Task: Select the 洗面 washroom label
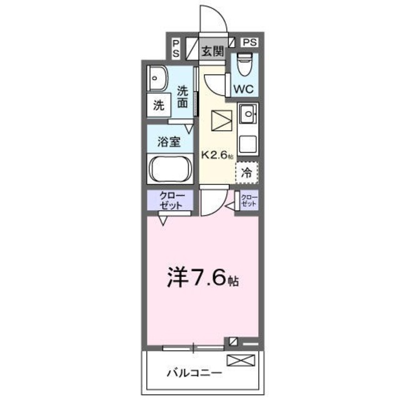[182, 97]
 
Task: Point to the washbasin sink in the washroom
[156, 78]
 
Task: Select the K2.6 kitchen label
[216, 154]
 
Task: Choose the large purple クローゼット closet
[170, 201]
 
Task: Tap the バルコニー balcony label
[193, 373]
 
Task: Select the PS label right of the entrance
[249, 42]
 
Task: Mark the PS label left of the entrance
[176, 48]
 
